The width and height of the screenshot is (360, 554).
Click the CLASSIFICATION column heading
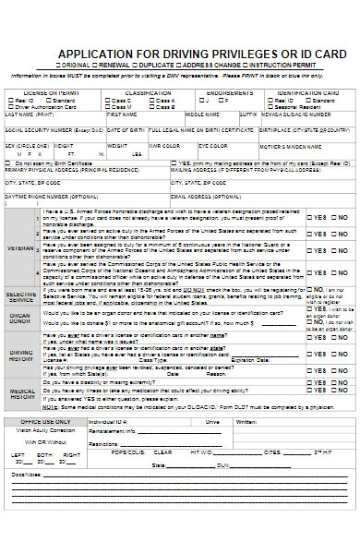148,93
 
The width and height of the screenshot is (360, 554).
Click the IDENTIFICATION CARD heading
306,93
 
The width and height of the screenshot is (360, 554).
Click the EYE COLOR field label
212,146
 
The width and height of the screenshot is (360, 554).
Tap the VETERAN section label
21,247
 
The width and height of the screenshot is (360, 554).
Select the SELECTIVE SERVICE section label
21,296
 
